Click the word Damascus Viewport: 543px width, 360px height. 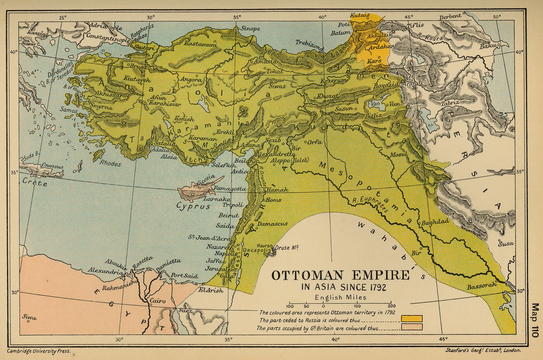272,224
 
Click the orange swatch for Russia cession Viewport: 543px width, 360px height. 412,319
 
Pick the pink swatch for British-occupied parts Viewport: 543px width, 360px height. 412,327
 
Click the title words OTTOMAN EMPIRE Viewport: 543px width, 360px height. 340,275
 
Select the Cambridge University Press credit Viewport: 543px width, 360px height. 38,352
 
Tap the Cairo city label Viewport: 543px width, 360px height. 157,301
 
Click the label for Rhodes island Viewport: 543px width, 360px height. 110,163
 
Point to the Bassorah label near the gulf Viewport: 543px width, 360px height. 481,286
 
